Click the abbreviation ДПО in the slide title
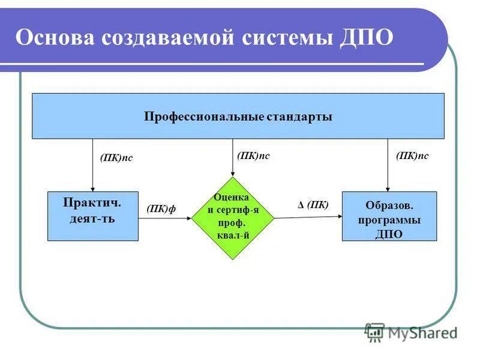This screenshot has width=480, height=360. (x=366, y=38)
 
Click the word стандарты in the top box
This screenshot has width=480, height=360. (x=299, y=116)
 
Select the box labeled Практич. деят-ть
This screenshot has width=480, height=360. (x=92, y=216)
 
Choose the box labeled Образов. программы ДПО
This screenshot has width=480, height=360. (x=389, y=216)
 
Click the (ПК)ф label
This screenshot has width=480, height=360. (x=161, y=208)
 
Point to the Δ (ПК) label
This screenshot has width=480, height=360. (x=313, y=205)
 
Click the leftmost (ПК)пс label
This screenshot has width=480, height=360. (x=116, y=158)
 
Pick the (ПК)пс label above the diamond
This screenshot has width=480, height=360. (x=253, y=155)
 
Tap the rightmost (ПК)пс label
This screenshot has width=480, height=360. (x=413, y=155)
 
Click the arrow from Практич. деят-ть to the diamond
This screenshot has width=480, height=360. (x=164, y=218)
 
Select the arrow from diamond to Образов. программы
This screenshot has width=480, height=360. (x=307, y=217)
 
